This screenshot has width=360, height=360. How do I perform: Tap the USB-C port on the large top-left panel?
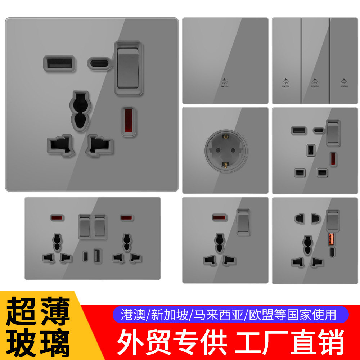click(x=100, y=64)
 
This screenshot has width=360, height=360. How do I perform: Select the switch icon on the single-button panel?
click(x=225, y=82)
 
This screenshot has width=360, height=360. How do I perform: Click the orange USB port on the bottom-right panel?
click(x=331, y=239)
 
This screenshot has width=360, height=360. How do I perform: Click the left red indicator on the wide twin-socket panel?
click(x=56, y=218)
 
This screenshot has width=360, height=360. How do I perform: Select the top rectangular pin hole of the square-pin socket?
click(x=309, y=149)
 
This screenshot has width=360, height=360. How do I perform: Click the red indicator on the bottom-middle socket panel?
click(x=217, y=217)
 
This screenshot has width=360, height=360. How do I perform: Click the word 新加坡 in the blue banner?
click(x=170, y=315)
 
